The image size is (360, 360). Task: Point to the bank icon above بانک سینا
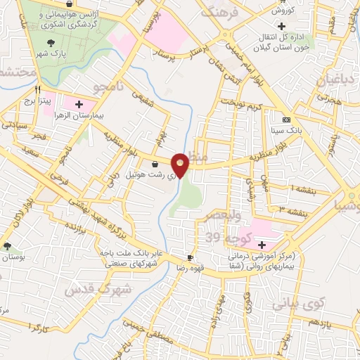285,120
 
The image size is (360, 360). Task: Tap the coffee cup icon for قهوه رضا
189,258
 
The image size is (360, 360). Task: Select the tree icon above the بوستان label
7,246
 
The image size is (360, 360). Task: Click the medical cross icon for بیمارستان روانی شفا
262,245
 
